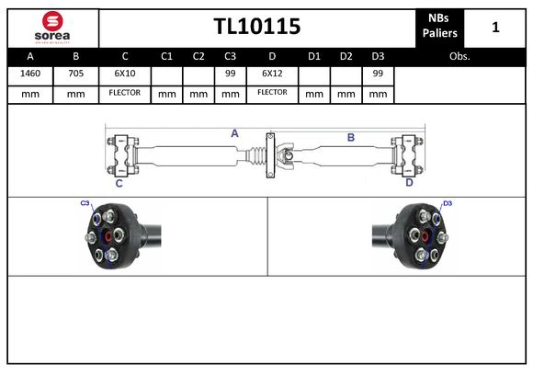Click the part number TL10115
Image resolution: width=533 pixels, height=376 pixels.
click(x=256, y=27)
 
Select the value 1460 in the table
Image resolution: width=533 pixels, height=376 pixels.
click(x=29, y=73)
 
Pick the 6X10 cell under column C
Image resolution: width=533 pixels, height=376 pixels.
click(x=124, y=73)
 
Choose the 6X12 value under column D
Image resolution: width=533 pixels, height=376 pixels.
click(x=272, y=73)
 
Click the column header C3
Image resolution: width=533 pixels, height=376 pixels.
click(x=231, y=56)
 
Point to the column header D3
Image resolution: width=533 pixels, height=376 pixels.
click(x=377, y=56)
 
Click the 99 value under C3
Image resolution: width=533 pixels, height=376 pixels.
click(x=231, y=73)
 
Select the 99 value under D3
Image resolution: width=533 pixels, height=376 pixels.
click(x=377, y=73)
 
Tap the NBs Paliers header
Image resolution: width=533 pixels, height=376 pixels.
click(x=440, y=27)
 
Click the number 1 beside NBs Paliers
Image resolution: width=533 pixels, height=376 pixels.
click(x=495, y=28)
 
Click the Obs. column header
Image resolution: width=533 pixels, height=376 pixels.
click(x=459, y=56)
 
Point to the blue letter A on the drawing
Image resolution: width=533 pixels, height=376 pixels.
click(x=234, y=133)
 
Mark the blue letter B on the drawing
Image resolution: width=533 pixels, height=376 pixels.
click(x=350, y=137)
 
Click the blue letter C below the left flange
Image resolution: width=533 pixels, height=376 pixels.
click(x=119, y=183)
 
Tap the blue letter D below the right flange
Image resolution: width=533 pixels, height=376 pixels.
click(x=409, y=182)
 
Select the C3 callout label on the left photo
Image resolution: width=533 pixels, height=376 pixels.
click(x=85, y=203)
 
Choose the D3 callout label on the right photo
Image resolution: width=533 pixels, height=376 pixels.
click(x=448, y=203)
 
